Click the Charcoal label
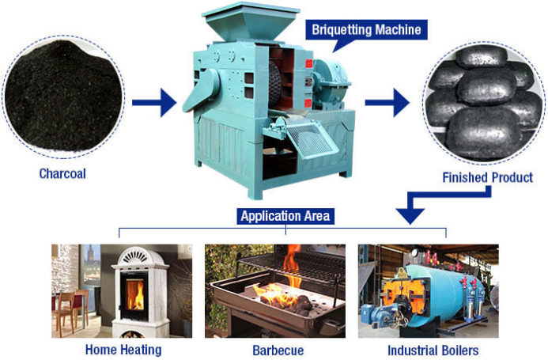coord(62,172)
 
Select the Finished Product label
coord(487,177)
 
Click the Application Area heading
coord(285,215)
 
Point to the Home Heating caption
coord(123,349)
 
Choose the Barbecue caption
coord(277,349)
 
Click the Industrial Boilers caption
coord(433,349)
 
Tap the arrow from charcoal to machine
coord(154,103)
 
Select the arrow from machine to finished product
coord(387,103)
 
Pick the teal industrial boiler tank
coord(443,289)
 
